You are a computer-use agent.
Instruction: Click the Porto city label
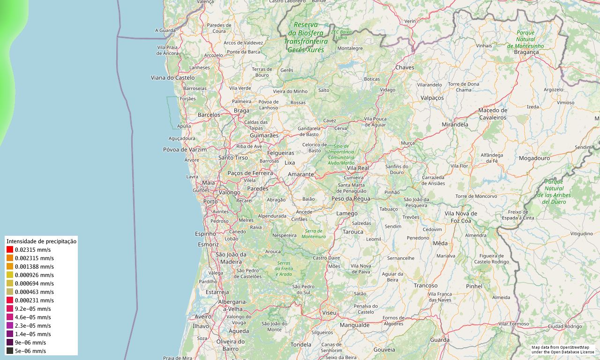(210, 202)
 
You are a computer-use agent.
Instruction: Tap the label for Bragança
(526, 52)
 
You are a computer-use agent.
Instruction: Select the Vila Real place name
(358, 168)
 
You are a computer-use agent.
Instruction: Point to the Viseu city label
(329, 312)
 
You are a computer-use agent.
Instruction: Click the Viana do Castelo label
(172, 77)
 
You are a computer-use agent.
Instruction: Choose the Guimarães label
(264, 135)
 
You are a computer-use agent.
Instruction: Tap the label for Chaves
(405, 67)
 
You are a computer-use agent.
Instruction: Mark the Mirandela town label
(455, 125)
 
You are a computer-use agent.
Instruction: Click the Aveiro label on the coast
(203, 317)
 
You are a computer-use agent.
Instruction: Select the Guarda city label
(439, 340)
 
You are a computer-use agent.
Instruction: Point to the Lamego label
(347, 214)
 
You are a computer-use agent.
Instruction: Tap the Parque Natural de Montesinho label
(525, 39)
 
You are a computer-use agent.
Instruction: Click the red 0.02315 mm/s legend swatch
(10, 250)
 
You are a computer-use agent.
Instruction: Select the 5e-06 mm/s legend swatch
(10, 351)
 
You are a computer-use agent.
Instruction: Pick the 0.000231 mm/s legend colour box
(10, 300)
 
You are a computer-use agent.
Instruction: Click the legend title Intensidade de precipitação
(41, 241)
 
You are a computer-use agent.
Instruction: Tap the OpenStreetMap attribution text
(562, 349)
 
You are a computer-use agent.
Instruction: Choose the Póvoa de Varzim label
(185, 150)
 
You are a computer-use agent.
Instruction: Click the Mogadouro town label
(534, 158)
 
